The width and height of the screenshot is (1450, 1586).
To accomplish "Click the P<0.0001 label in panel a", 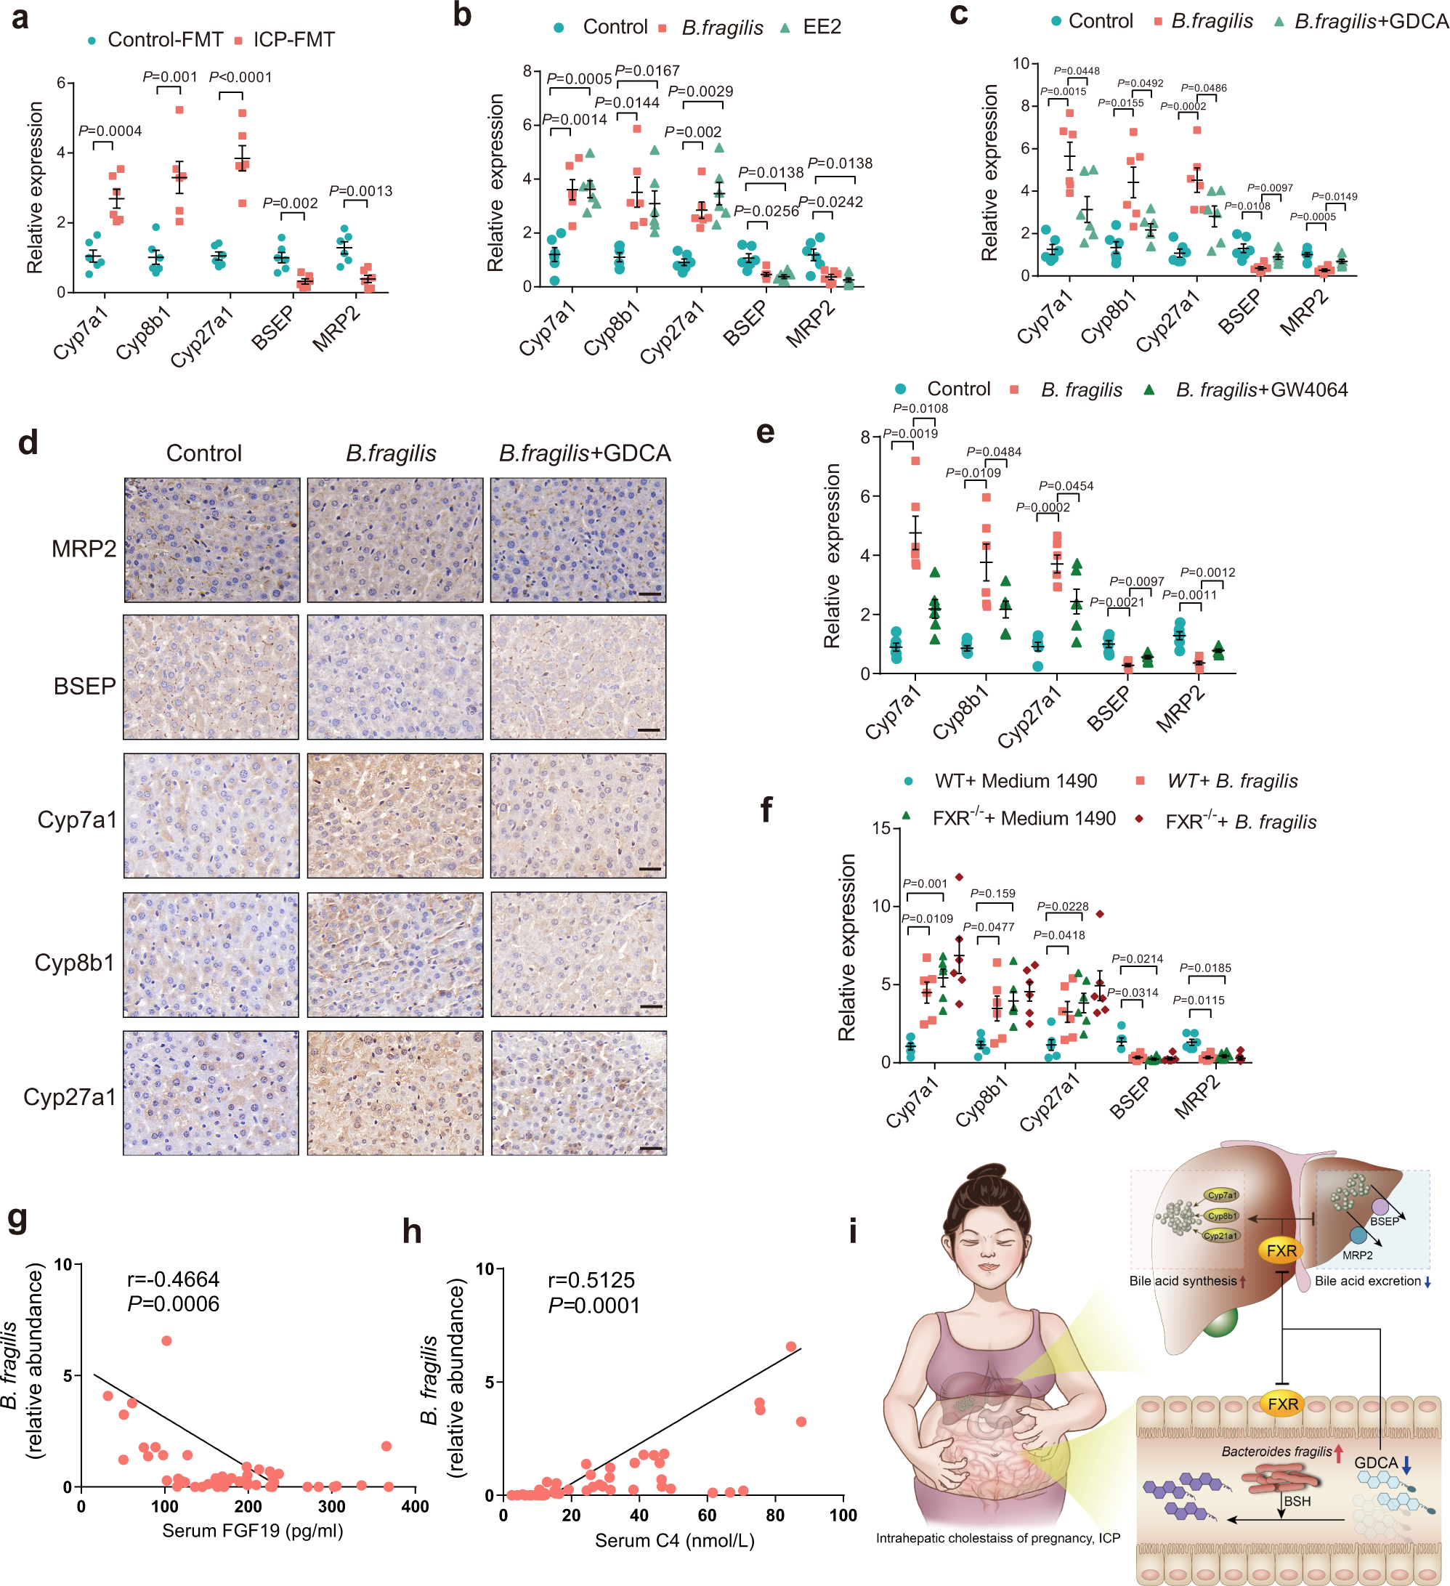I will pos(240,77).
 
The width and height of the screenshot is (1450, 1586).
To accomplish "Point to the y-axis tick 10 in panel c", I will pos(1021,64).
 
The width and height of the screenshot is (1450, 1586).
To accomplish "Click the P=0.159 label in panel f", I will pos(992,893).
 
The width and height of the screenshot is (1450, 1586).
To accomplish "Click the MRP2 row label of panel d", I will pos(84,549).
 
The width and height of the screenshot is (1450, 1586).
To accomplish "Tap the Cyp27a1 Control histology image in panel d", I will pos(211,1093).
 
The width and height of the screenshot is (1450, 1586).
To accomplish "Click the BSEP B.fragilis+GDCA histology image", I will pos(578,677).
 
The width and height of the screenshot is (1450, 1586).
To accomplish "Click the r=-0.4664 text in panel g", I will pos(173,1279).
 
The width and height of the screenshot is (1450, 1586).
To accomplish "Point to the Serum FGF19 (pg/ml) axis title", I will pos(253,1530).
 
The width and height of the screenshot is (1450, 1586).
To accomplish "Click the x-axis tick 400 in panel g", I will pos(415,1507).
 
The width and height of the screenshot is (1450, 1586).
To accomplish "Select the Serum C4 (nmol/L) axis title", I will pos(674,1540).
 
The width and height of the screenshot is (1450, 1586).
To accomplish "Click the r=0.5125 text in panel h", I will pos(591,1280).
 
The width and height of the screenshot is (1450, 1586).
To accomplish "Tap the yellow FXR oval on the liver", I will pos(1281,1250).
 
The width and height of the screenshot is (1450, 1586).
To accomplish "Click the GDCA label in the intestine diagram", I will pos(1375,1462).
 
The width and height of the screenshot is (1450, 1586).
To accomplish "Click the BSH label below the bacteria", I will pos(1297,1501).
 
